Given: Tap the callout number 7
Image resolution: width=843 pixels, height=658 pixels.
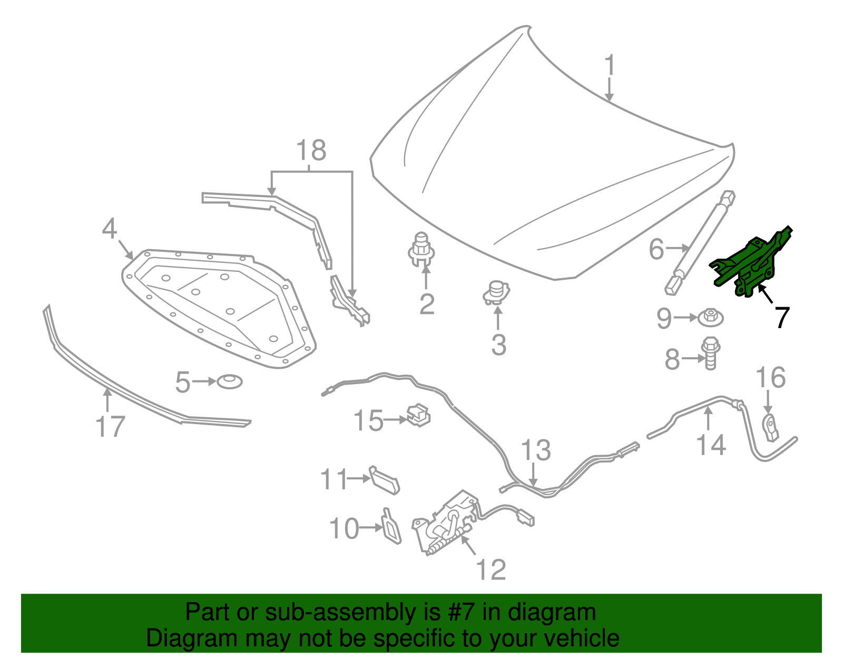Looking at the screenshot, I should click(x=782, y=318).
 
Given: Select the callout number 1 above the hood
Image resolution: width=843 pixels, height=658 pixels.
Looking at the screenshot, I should click(x=610, y=65).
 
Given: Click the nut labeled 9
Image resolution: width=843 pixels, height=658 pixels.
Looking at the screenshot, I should click(x=711, y=317).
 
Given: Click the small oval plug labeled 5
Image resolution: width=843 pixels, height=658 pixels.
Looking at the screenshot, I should click(x=230, y=381).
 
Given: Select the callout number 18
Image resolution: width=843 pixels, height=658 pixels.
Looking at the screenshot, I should click(x=311, y=151).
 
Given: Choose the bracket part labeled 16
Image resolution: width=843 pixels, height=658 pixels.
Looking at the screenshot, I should click(x=771, y=427).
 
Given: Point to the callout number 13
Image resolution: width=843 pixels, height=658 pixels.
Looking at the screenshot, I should click(x=535, y=450).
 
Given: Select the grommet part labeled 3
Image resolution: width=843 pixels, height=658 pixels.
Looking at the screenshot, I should click(x=496, y=293).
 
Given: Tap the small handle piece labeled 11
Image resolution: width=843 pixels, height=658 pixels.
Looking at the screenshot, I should click(x=385, y=479).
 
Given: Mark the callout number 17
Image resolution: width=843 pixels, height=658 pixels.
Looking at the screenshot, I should click(x=110, y=426).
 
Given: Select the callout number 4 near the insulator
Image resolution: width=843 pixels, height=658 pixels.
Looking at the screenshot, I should click(x=109, y=229).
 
